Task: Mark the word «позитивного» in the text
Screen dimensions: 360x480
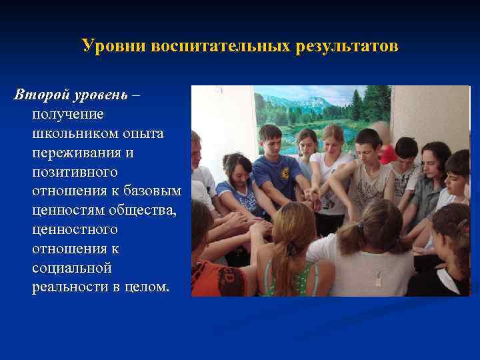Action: click(75, 172)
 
